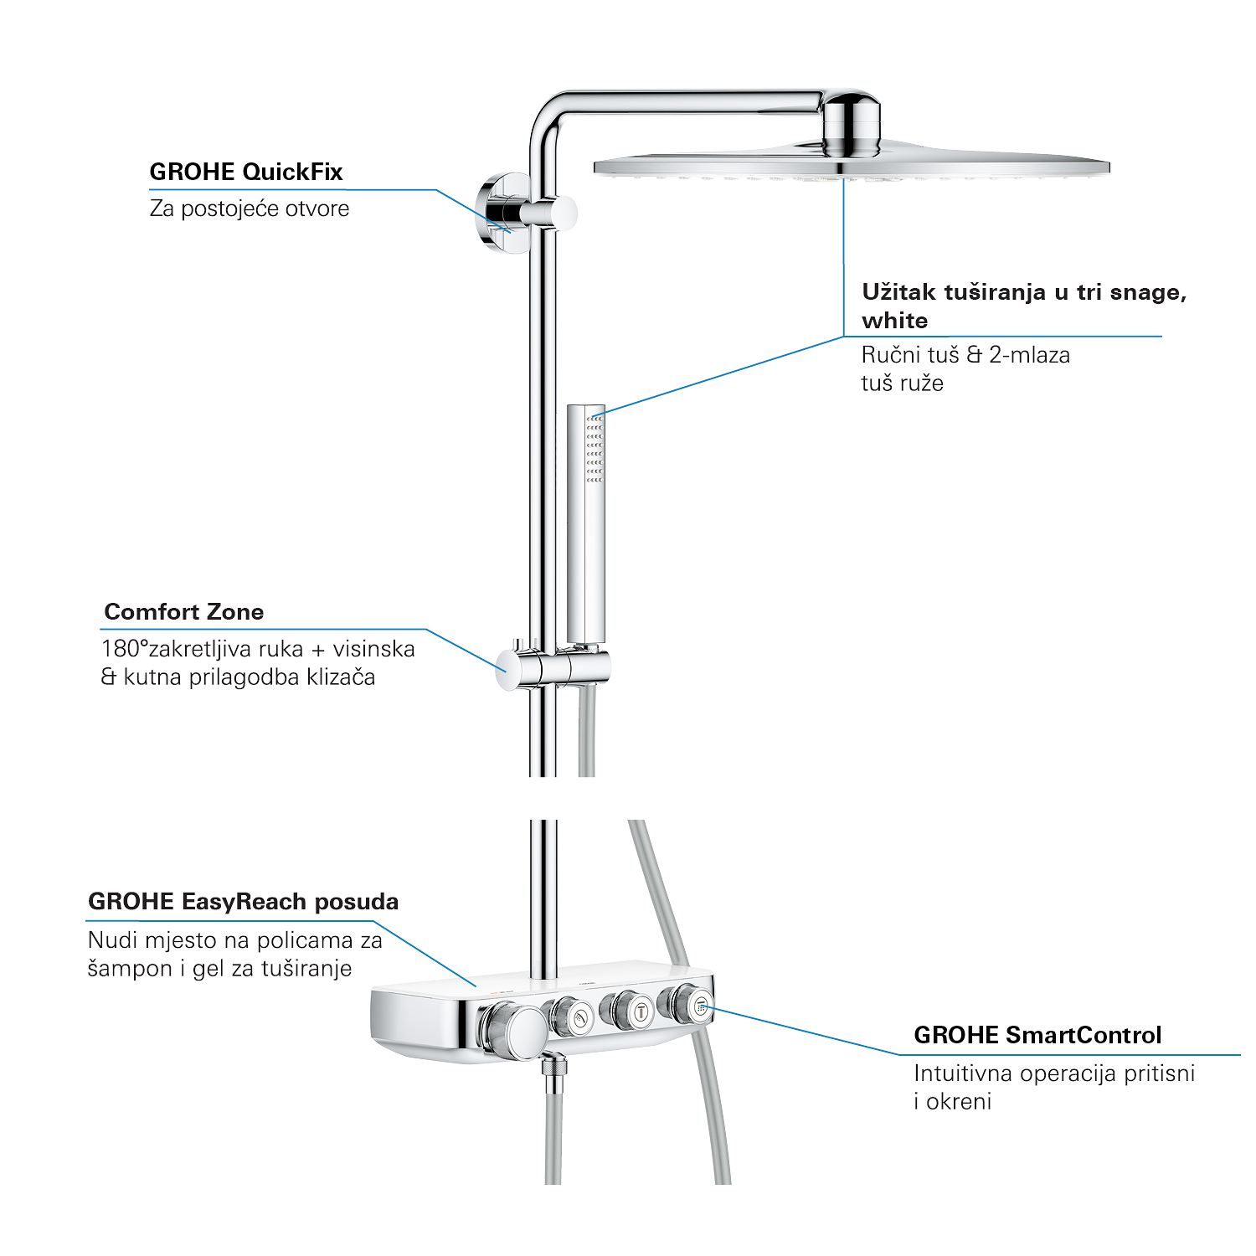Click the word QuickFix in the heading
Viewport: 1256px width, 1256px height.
(x=292, y=172)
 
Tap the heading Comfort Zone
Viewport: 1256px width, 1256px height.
(x=184, y=612)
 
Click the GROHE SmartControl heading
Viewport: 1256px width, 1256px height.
(x=1037, y=1036)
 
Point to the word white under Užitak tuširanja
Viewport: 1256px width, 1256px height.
(x=894, y=321)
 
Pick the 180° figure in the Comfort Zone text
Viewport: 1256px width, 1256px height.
(x=125, y=649)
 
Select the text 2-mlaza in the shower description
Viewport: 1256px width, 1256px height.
(x=1029, y=355)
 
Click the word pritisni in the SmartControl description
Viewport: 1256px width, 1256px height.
(x=1159, y=1074)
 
